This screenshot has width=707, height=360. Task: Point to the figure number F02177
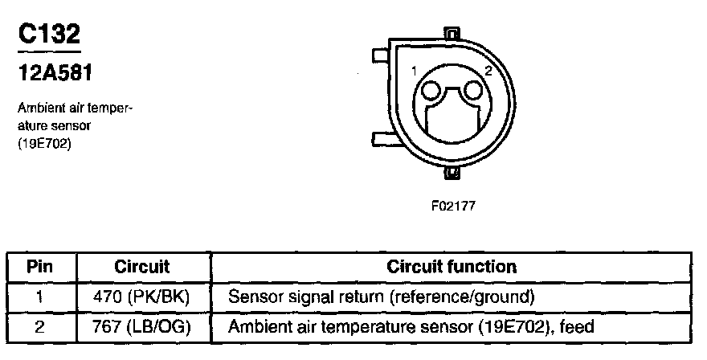453,206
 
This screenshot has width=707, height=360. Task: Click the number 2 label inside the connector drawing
487,72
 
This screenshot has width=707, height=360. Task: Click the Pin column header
39,266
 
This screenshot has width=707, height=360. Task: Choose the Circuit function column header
452,266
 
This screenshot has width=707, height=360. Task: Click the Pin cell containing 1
39,297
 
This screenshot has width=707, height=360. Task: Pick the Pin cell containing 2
39,327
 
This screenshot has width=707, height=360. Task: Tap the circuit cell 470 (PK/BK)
141,297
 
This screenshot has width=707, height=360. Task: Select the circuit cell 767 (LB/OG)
141,327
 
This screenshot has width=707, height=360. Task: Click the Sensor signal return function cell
382,297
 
